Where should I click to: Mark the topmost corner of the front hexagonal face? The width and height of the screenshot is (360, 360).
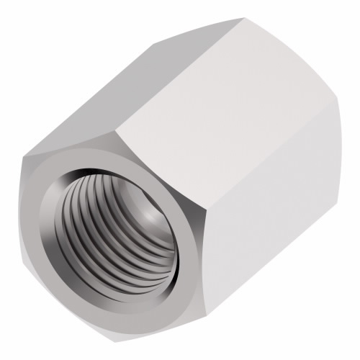tap(116, 132)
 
